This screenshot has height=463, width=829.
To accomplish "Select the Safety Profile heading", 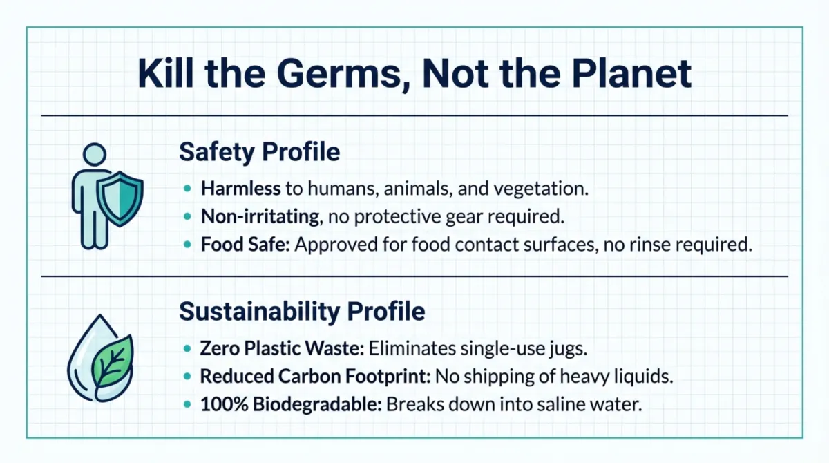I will (259, 151).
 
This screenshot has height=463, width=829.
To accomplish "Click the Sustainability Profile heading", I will (302, 311).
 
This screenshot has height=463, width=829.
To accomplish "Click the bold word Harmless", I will (241, 187).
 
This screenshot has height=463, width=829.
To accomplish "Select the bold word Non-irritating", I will (260, 216).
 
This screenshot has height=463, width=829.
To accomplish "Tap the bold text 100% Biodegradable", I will (291, 405).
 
